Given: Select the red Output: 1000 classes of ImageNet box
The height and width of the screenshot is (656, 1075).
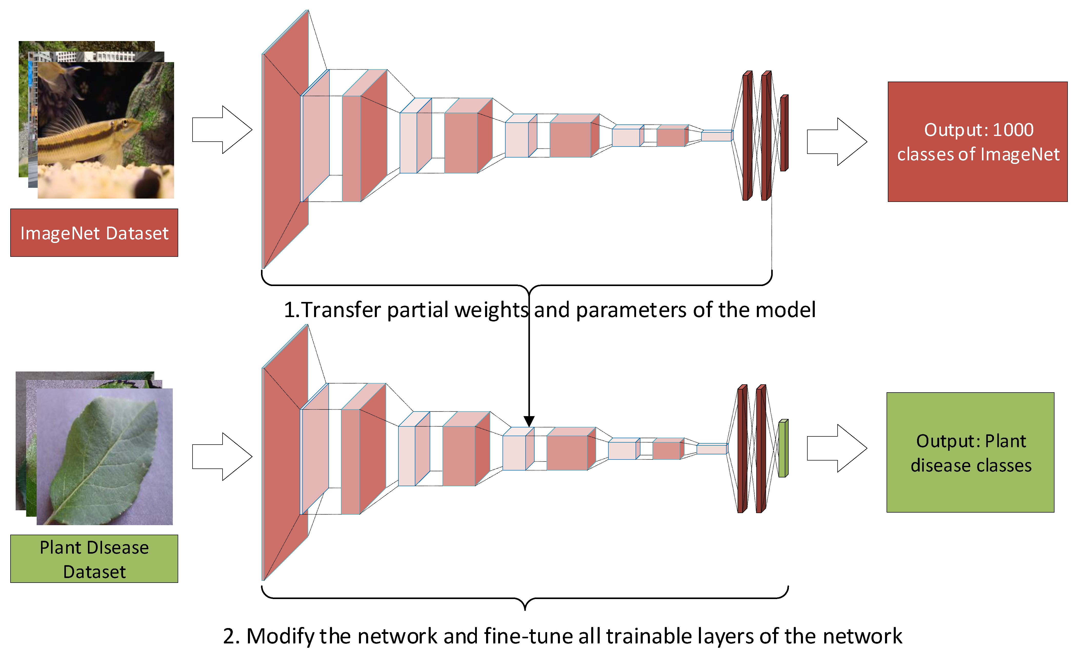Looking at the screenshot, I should point(977,142).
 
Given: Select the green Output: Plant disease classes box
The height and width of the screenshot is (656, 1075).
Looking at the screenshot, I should point(970,453).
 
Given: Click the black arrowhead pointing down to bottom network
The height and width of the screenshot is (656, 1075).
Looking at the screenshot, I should point(529,421).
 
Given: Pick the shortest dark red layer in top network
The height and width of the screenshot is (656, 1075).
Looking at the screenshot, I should point(784,133).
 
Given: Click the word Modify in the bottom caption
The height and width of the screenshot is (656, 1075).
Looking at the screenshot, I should point(282,636).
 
